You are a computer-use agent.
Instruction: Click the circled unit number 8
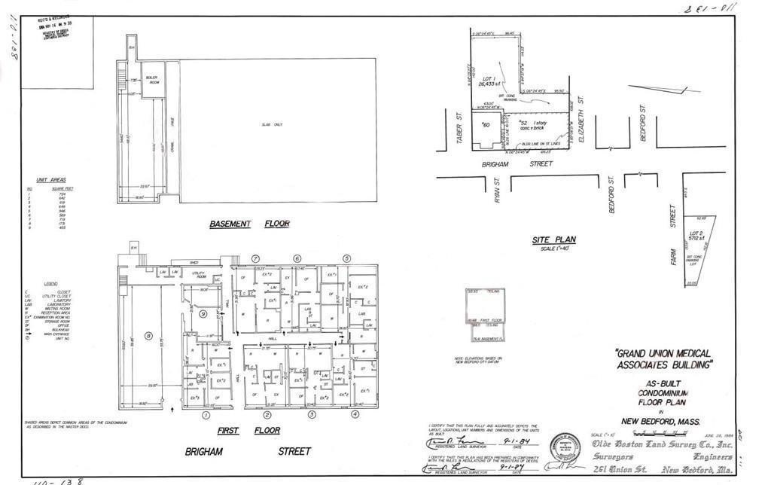148,336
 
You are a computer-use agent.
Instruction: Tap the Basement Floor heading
249,224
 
